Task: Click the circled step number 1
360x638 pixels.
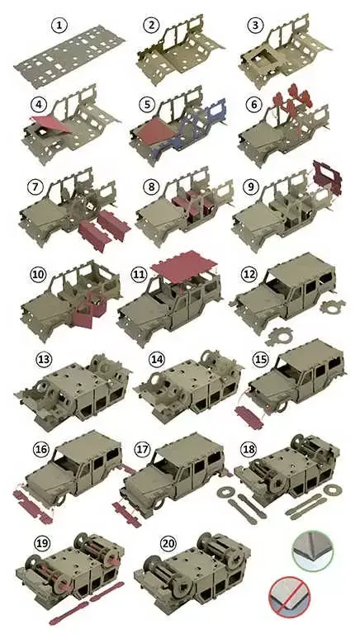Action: click(x=59, y=26)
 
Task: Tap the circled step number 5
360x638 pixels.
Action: click(x=148, y=105)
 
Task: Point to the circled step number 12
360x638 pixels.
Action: click(x=249, y=274)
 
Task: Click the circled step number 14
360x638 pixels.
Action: click(x=156, y=360)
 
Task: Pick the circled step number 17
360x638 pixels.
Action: click(x=143, y=450)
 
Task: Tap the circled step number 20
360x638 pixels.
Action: click(x=168, y=545)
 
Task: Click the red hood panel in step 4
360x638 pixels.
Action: click(x=51, y=124)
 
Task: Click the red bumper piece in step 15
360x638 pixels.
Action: click(x=249, y=417)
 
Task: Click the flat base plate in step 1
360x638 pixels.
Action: click(x=69, y=56)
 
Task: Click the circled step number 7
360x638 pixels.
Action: click(x=36, y=187)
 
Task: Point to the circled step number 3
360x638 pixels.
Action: click(x=255, y=26)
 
